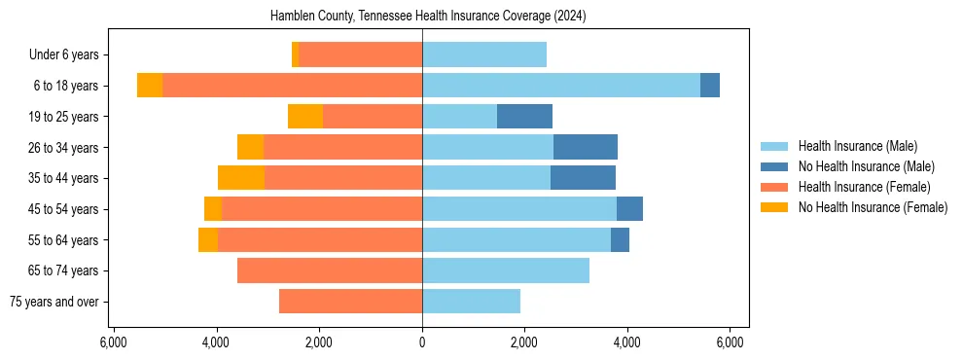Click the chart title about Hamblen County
[x=421, y=17]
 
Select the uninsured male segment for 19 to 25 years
[x=524, y=117]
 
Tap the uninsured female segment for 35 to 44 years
[x=241, y=178]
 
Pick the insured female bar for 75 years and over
[x=350, y=302]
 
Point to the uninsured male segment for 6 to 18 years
[x=710, y=86]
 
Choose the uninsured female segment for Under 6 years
[x=296, y=54]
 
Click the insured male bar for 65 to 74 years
[x=506, y=270]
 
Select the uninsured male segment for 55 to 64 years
[x=621, y=240]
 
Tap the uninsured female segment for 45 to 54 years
[x=213, y=209]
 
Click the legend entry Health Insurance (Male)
[x=857, y=146]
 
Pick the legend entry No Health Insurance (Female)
[x=873, y=207]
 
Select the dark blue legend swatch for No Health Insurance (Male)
[x=774, y=166]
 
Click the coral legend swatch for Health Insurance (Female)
[x=774, y=187]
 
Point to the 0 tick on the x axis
[x=422, y=342]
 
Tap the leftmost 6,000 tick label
[x=114, y=342]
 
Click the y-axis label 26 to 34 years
[x=64, y=148]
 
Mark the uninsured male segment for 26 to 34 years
[x=586, y=148]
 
